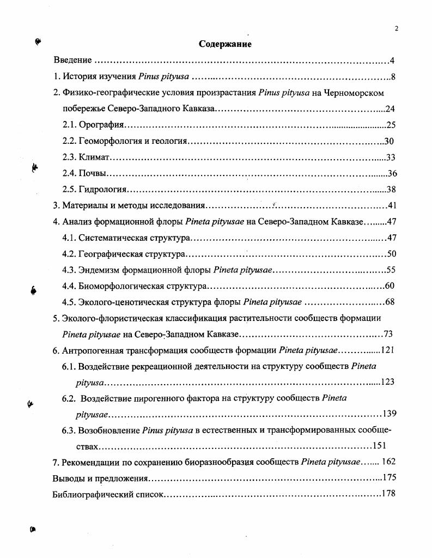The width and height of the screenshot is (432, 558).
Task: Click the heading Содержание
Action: (225, 44)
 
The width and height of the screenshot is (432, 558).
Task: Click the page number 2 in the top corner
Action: (397, 29)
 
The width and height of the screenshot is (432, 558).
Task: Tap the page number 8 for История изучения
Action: (392, 76)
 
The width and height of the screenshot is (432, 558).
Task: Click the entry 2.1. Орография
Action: (94, 125)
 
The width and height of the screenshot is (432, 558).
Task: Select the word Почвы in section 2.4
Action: (92, 173)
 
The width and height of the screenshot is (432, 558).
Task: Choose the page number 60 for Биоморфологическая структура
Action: (390, 286)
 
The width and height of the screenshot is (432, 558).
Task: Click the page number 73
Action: (388, 334)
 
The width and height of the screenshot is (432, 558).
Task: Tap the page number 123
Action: (387, 382)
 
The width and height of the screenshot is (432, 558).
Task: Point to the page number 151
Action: (379, 446)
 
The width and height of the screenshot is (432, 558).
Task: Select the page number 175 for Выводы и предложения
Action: (389, 478)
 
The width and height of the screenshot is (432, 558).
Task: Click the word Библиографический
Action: (89, 494)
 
